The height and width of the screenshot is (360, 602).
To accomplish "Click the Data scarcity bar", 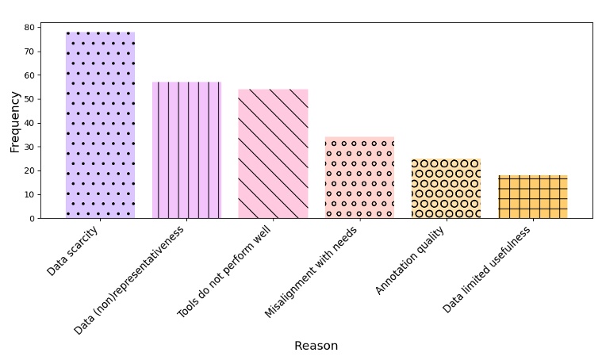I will click(x=100, y=125).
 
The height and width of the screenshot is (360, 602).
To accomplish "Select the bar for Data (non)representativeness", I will click(x=186, y=150).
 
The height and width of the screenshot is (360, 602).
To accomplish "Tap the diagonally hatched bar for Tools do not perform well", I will click(x=273, y=154).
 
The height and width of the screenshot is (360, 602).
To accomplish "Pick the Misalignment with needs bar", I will click(x=359, y=178).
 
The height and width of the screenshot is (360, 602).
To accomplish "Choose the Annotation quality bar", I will click(x=446, y=188).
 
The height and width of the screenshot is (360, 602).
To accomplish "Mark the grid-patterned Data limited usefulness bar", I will click(x=532, y=197).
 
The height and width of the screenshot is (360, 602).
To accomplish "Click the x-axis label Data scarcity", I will click(x=73, y=251).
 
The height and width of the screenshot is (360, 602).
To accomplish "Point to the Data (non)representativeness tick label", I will click(x=129, y=280).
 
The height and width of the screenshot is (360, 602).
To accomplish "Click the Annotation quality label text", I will click(x=410, y=260).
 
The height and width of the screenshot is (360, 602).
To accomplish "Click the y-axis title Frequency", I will click(x=15, y=121).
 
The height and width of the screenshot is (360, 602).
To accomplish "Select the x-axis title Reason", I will click(x=316, y=346).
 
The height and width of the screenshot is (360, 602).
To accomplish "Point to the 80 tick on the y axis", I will click(x=29, y=28).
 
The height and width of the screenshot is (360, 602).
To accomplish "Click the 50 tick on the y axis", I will click(x=29, y=99).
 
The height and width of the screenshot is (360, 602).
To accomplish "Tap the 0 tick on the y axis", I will click(x=31, y=218).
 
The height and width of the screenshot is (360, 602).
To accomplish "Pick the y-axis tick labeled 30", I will click(x=29, y=147).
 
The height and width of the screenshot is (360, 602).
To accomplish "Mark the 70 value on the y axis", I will click(x=29, y=52).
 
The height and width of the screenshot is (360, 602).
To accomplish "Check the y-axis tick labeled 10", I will click(x=29, y=194).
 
